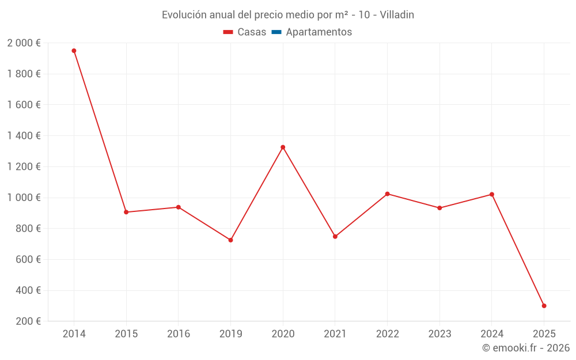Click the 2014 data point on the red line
point(74,51)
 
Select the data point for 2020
point(283,147)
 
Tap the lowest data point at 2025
point(544,306)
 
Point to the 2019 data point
point(230,240)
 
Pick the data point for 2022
point(387,194)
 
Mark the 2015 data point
point(126,212)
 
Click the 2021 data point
point(335,237)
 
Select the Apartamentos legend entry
point(319,32)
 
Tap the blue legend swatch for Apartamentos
point(276,32)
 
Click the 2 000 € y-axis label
point(24,43)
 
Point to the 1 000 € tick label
point(24,198)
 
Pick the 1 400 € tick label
point(24,136)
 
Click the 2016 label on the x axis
point(179,334)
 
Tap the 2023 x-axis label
point(439,334)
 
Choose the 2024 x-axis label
point(491,334)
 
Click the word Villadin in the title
point(397,15)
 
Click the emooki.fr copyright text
point(526,348)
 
